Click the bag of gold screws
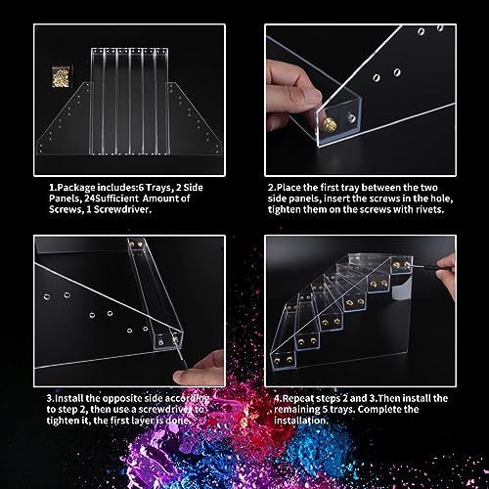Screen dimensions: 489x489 pyautogui.click(x=62, y=76)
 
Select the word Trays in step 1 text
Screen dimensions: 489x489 pyautogui.click(x=158, y=188)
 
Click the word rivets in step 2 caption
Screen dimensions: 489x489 pyautogui.click(x=429, y=209)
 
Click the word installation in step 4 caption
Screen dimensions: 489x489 pyautogui.click(x=301, y=421)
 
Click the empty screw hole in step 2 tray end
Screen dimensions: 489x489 pyautogui.click(x=351, y=117)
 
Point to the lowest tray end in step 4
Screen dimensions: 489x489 pyautogui.click(x=283, y=360)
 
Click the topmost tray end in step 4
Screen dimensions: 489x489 pyautogui.click(x=401, y=265)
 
